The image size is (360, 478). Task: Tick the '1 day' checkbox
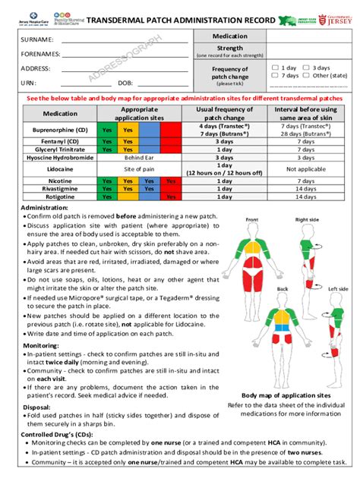click(x=275, y=68)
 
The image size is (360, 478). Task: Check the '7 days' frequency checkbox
click(x=275, y=76)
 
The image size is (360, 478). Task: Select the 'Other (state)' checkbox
click(x=306, y=76)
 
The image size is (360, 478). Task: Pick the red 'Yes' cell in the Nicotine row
click(x=171, y=182)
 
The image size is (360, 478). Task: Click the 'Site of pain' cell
click(x=139, y=169)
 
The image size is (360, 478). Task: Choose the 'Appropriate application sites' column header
click(x=139, y=114)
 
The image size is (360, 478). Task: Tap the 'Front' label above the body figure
click(x=252, y=220)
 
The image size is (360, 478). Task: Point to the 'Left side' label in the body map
click(x=338, y=289)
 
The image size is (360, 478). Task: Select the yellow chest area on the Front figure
click(x=252, y=247)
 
